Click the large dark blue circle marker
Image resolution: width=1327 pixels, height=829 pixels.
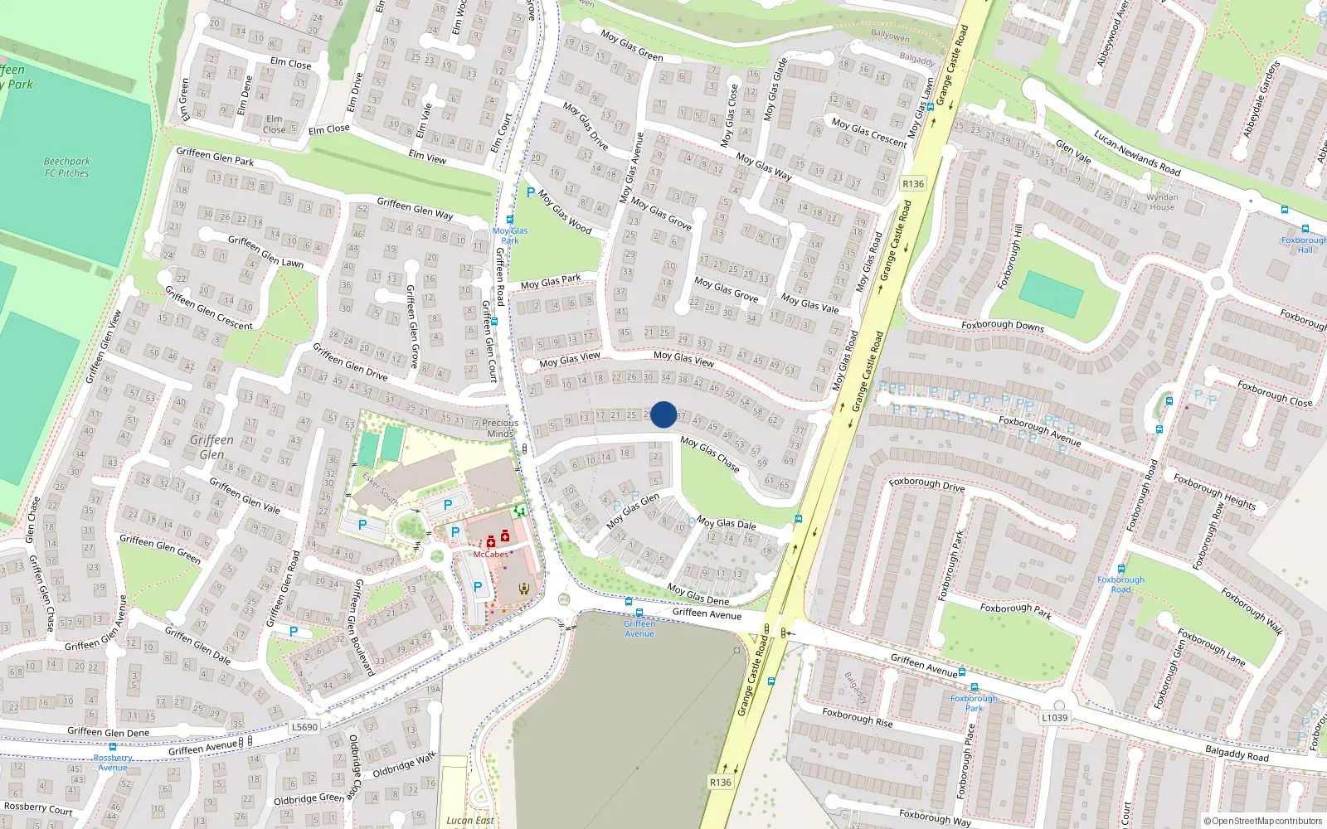tap(663, 414)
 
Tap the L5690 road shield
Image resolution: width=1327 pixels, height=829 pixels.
tap(304, 727)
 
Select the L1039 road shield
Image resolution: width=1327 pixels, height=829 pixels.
tap(1054, 718)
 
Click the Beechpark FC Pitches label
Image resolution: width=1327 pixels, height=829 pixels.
tap(66, 167)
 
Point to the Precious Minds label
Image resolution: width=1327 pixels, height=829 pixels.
tap(500, 428)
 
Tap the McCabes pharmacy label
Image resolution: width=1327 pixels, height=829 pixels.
tap(490, 555)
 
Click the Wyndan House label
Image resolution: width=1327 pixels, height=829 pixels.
tap(1161, 201)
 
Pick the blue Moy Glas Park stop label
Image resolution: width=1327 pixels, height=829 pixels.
tap(509, 235)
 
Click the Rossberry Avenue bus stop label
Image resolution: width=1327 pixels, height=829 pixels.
tap(113, 762)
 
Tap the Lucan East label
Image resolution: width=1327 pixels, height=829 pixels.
tap(469, 820)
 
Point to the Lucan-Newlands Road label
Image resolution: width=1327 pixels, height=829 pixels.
tap(1136, 153)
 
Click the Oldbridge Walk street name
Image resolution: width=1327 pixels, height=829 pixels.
tap(404, 766)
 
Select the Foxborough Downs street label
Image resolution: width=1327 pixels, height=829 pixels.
tap(1002, 325)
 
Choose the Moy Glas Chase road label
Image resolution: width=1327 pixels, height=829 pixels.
tap(709, 454)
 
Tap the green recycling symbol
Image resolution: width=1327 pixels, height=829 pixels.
tap(520, 511)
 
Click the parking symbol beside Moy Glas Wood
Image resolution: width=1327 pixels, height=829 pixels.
tap(531, 192)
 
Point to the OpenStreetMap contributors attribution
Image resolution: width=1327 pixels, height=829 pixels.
tap(1263, 822)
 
